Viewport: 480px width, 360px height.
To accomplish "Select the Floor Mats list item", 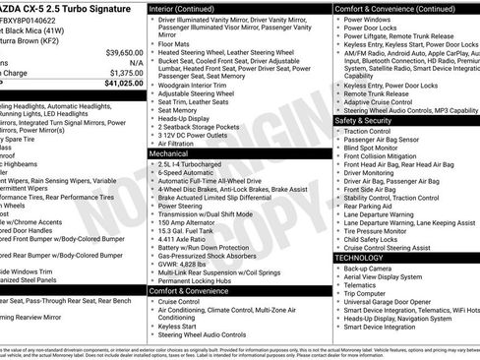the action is tap(175, 43).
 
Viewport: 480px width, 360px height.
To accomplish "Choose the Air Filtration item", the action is tap(176, 143).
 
